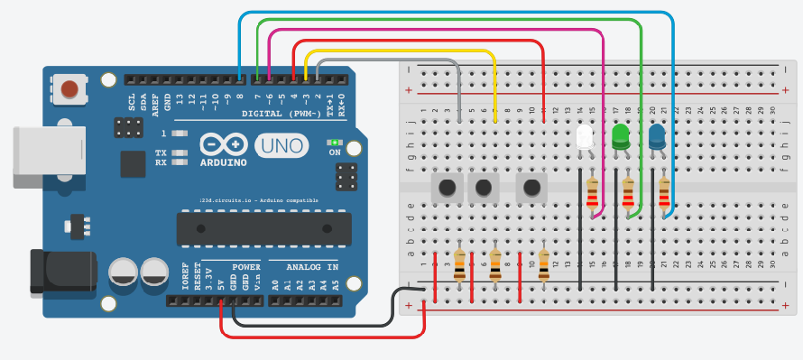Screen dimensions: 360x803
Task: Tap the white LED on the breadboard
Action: [x=584, y=137]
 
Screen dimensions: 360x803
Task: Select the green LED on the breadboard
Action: [x=621, y=136]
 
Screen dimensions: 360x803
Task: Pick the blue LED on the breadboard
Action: [x=658, y=136]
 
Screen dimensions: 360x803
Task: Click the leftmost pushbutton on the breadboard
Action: [x=446, y=189]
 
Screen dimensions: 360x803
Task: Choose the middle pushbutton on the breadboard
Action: [x=484, y=189]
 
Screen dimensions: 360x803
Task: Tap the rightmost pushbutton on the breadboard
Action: [x=531, y=189]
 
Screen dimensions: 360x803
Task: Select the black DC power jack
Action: [x=63, y=271]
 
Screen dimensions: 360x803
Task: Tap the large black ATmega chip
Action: [x=263, y=228]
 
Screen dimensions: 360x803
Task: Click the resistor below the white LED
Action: [x=593, y=198]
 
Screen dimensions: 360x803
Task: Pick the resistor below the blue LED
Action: [x=665, y=198]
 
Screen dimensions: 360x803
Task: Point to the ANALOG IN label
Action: [x=312, y=268]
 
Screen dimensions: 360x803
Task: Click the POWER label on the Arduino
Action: [x=245, y=268]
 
